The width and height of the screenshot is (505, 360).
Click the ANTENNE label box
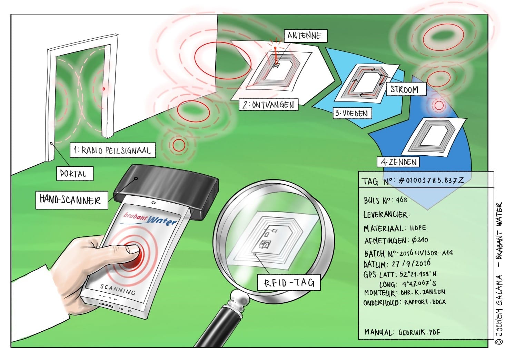click(306, 36)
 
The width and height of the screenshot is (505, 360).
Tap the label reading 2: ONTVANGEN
click(268, 105)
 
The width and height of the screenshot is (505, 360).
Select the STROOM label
click(406, 89)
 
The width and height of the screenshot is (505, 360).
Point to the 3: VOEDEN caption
click(353, 113)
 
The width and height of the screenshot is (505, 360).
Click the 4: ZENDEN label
click(398, 162)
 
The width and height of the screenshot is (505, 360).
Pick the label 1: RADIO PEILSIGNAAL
click(113, 150)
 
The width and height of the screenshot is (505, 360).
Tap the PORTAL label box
click(75, 174)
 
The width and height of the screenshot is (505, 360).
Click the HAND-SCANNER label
click(72, 200)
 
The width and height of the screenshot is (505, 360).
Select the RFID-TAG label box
click(289, 282)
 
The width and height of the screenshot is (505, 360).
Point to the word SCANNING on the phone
click(118, 289)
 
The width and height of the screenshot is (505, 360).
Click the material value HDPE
click(418, 228)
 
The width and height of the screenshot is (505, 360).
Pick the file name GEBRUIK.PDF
click(419, 332)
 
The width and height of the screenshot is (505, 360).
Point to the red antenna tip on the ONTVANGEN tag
click(275, 48)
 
